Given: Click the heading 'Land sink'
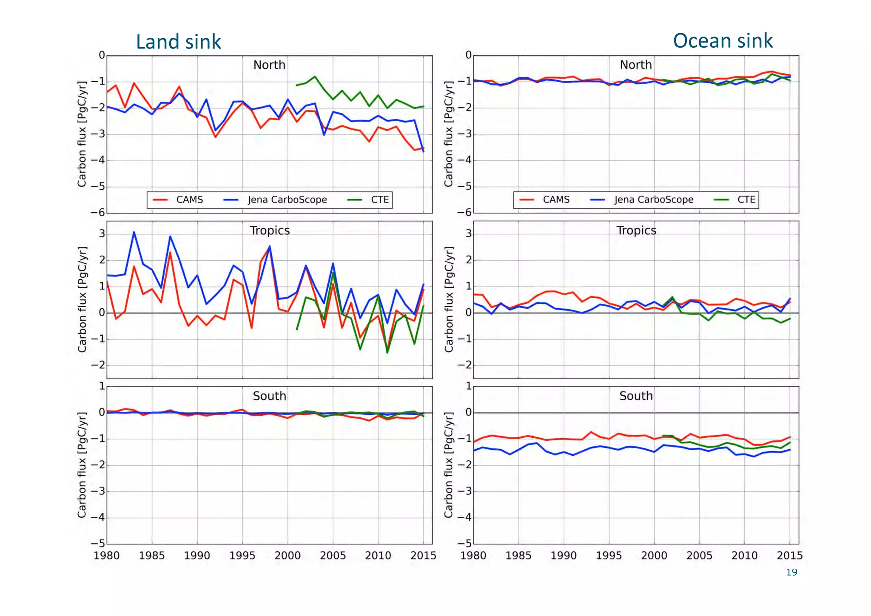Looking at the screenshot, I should point(178,42).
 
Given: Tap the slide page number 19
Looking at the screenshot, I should point(791,573).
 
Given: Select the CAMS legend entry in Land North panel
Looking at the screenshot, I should point(179,200).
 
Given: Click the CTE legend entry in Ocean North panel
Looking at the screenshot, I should point(736,200).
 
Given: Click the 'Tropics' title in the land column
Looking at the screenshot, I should point(270,231).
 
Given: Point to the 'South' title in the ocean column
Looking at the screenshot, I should point(636,396).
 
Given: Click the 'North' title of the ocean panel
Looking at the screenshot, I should point(636,65).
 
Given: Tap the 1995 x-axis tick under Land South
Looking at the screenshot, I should point(242,556).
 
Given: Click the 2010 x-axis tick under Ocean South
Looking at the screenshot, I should point(744,556).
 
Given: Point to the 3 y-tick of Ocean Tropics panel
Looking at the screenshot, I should point(469,233).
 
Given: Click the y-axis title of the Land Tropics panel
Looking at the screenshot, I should point(82,299).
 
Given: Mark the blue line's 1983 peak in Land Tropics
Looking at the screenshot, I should point(134,232).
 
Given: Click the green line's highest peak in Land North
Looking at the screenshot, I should point(315,77).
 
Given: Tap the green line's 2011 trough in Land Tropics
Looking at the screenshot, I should point(387,352).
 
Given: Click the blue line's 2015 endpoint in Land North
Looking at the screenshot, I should point(424,151).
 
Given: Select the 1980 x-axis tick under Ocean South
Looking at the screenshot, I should point(473,556).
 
